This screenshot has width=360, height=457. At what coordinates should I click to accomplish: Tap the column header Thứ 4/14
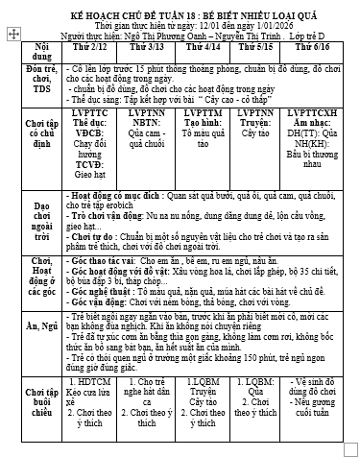pos(203,46)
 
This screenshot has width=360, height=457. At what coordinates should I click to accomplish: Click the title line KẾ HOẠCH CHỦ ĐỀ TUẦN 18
pos(180,10)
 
